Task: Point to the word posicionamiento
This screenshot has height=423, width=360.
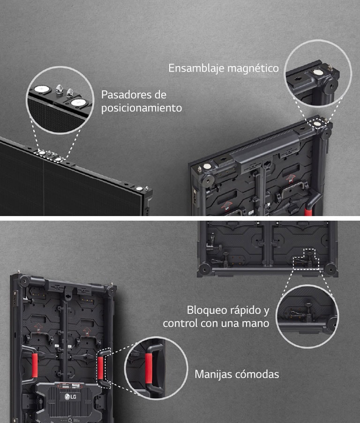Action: point(142,108)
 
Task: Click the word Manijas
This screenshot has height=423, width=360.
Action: point(213,374)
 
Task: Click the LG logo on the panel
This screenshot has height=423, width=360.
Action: point(70,398)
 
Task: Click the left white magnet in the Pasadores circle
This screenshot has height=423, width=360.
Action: point(40,88)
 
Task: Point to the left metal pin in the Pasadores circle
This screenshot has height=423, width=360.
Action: point(60,88)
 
